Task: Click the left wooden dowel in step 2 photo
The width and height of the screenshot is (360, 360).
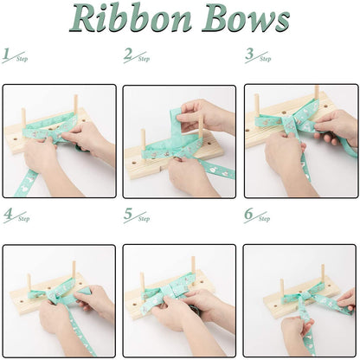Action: (143, 138)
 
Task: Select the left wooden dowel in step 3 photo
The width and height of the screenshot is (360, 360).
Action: (256, 106)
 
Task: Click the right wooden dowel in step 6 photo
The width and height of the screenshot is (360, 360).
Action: (322, 274)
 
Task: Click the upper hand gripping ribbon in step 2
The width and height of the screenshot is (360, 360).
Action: (203, 112)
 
